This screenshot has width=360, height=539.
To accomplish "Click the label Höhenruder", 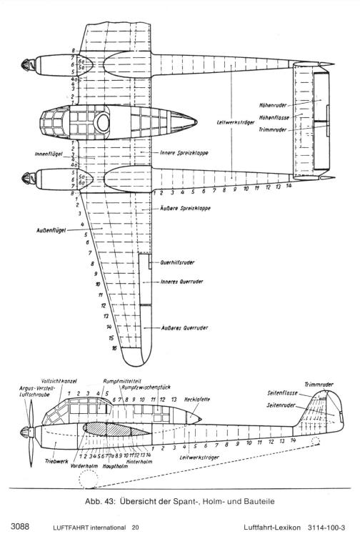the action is coord(273,105).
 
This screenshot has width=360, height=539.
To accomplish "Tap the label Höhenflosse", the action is coord(274,118).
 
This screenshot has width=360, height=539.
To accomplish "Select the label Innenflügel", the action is coord(49,154).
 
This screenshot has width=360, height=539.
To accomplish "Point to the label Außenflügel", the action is coord(51,229).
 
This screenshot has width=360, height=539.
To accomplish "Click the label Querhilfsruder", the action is coord(177,262).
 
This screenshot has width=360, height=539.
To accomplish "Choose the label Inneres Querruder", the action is coord(181,282).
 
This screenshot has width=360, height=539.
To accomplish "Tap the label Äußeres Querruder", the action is coord(184,328).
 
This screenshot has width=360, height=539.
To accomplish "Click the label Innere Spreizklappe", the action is coord(184,153).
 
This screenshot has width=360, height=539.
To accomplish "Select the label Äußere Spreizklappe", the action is coord(185,208).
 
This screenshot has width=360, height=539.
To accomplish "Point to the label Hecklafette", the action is coord(197,400).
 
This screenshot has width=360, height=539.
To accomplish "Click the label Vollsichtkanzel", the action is coord(59,381).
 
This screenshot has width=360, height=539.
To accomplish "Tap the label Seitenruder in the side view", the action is coord(281,405).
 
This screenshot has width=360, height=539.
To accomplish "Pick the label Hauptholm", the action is coord(114,467).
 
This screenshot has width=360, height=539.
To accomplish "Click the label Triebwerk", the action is coord(56,461).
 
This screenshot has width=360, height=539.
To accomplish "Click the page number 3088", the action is coord(20,527).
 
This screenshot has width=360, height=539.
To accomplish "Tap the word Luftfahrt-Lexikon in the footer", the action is coord(272,528).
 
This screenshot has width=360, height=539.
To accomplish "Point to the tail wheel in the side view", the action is coord(315,441).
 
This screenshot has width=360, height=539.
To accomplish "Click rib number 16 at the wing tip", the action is coord(114,348).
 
